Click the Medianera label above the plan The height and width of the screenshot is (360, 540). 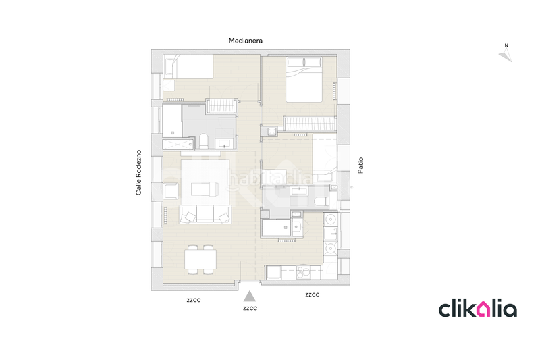245,41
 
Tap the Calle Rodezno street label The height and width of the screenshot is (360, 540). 138,173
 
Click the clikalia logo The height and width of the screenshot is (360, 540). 478,309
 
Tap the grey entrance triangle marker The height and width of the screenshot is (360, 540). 250,295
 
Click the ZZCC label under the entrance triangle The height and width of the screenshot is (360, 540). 250,309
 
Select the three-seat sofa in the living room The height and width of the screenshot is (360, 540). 205,215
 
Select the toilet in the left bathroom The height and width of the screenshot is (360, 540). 202,141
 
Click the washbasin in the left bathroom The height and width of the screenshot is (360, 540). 224,141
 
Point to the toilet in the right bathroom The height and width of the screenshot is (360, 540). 320,200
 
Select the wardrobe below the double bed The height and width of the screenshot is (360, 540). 309,124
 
